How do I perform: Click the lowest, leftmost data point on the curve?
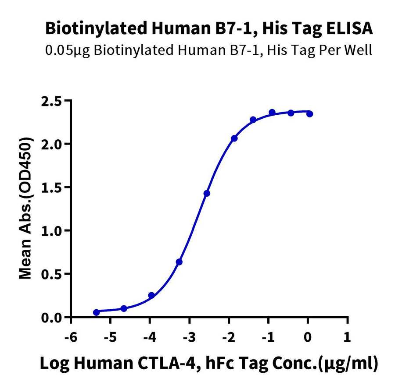pos(96,312)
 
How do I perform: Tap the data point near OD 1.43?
pos(207,193)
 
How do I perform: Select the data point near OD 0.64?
pos(179,262)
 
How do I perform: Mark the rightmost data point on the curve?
pos(310,114)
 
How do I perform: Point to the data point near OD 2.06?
pos(234,138)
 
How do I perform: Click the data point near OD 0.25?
pos(151,295)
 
